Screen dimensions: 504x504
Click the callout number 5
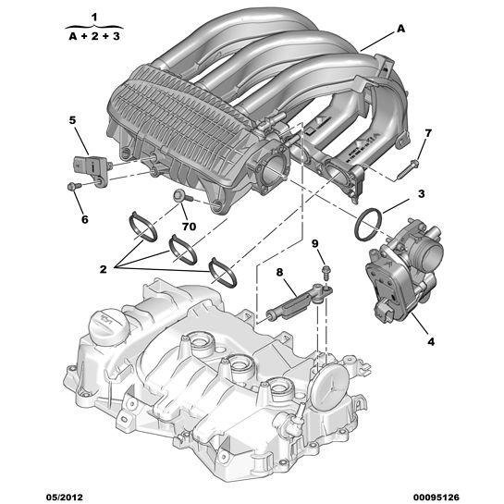tap(72, 120)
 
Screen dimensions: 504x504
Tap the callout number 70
tap(188, 225)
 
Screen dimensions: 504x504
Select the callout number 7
tap(427, 133)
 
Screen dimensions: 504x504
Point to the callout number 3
tap(421, 194)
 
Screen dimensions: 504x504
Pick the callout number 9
tap(315, 244)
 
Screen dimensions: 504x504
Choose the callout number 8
tap(278, 272)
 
